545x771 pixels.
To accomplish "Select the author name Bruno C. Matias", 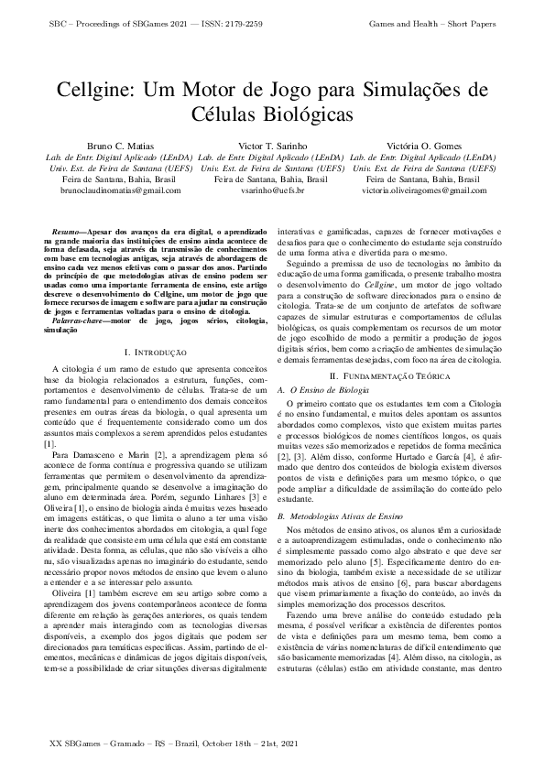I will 120,146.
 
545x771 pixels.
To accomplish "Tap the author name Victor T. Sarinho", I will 272,146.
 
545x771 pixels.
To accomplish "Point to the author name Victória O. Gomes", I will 423,146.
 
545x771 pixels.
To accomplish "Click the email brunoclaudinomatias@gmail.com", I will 120,190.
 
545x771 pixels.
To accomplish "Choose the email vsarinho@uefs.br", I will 272,190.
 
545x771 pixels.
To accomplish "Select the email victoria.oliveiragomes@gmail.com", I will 423,190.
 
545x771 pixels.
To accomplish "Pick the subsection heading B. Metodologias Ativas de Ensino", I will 343,516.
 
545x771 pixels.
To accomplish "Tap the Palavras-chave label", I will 76,323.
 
